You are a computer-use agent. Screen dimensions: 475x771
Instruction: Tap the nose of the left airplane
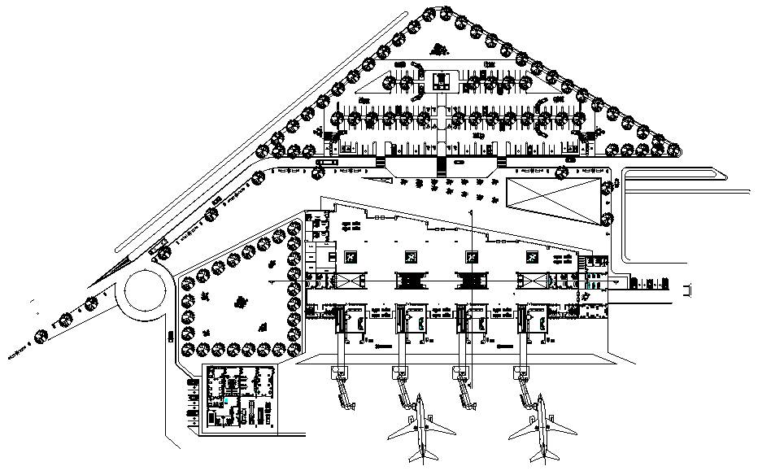[421, 399]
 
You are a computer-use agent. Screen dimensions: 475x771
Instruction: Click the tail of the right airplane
[541, 457]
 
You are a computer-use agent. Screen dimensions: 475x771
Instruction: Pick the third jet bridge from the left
[464, 389]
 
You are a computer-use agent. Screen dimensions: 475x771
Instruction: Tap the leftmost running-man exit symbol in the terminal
[351, 257]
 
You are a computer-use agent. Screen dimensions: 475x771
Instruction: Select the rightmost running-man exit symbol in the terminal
[531, 257]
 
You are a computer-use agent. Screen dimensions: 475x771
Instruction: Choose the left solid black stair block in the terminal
[412, 281]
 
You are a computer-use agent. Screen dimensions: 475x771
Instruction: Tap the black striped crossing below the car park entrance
[441, 166]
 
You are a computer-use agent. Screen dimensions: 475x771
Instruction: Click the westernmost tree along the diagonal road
[40, 334]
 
